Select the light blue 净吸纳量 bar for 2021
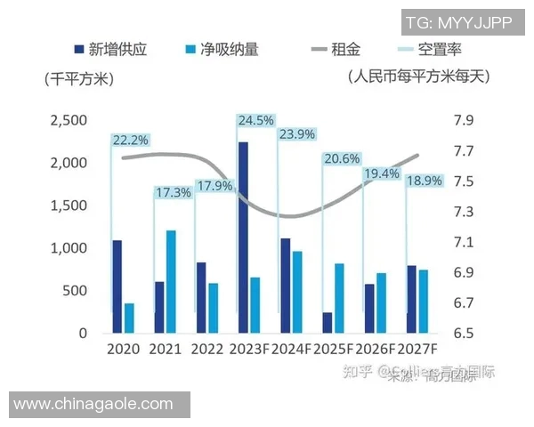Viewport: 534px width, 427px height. pos(171,282)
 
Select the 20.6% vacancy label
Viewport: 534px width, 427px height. pos(342,159)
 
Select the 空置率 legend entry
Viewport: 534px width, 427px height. pos(428,49)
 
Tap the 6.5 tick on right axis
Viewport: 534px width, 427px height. pos(463,334)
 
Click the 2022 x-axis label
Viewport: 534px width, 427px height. pos(206,350)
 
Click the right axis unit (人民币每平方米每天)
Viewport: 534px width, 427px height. pos(418,77)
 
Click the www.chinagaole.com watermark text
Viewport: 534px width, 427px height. pos(93,404)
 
